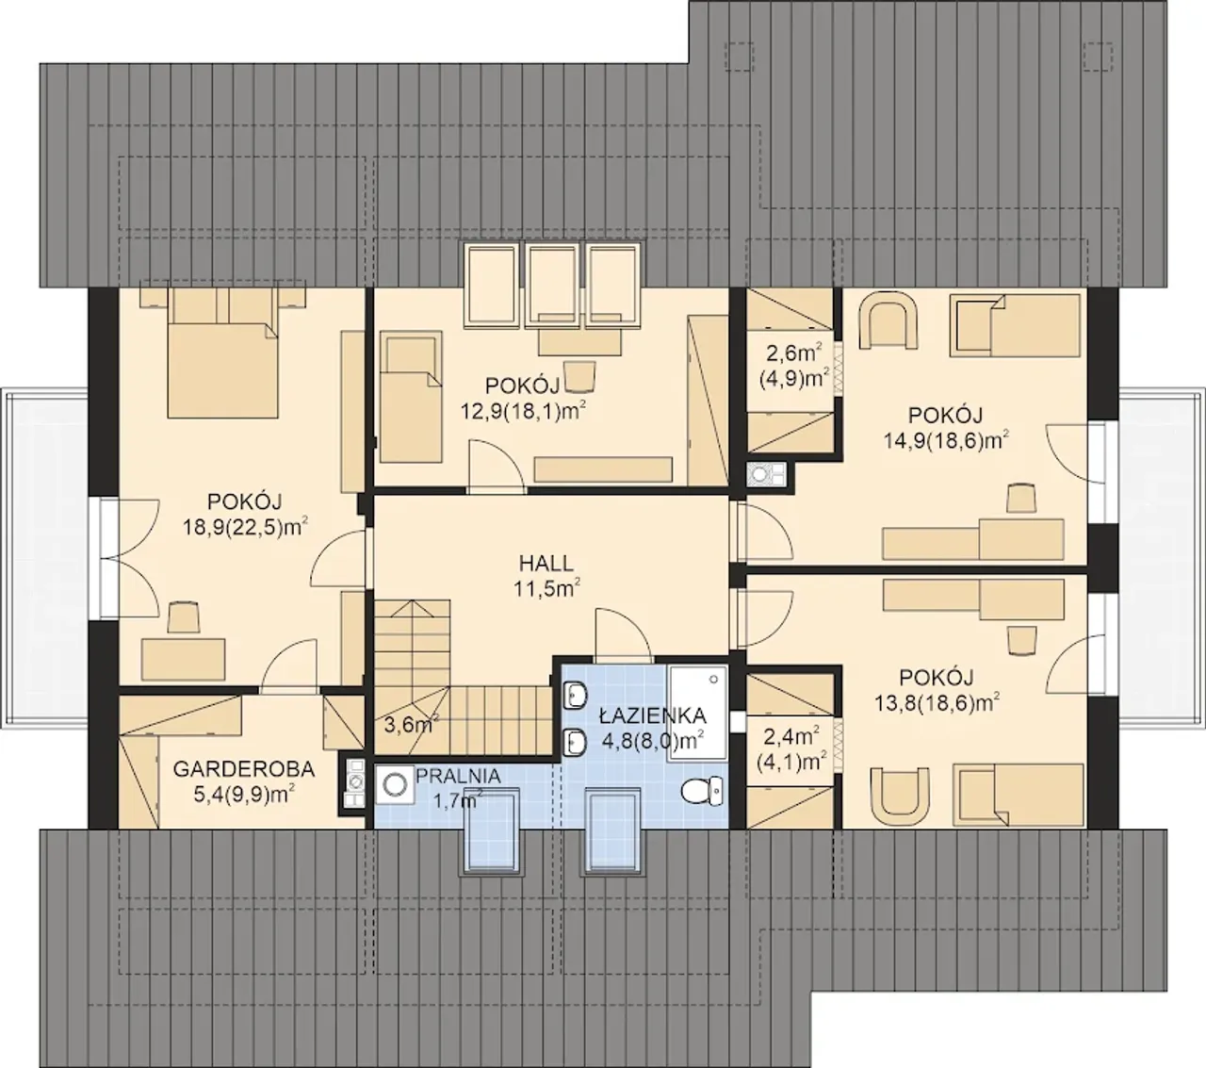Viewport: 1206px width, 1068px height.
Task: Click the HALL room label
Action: [546, 563]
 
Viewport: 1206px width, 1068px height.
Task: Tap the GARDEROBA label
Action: [243, 769]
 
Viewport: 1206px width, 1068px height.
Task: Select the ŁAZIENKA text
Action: [652, 715]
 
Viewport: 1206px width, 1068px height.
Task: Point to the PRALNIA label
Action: [458, 776]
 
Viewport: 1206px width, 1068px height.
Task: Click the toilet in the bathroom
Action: [702, 791]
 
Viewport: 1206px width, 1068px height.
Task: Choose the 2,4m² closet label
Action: [790, 737]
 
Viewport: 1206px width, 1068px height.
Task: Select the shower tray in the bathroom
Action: [698, 713]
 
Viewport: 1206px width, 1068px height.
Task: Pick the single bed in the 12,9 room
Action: [411, 397]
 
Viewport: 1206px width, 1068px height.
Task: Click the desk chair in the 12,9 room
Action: [579, 376]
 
